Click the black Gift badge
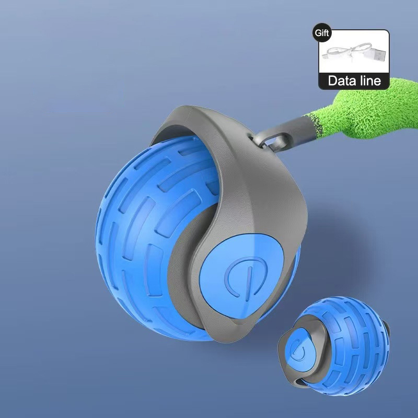pyautogui.click(x=321, y=32)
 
